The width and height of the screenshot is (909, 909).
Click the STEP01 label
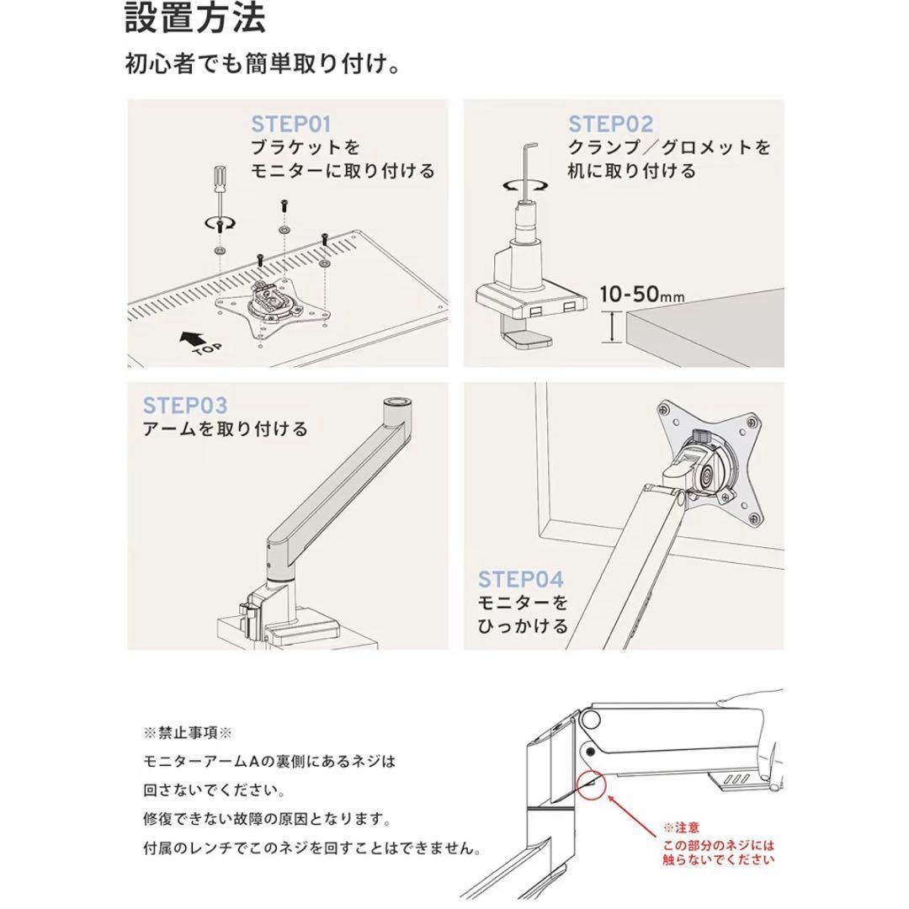[291, 124]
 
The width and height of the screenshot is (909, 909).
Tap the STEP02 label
[610, 124]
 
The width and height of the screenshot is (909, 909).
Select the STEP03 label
[185, 405]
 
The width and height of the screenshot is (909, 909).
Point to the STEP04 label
[521, 579]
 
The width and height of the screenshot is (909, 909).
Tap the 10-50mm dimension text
[641, 295]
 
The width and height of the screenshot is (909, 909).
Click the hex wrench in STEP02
[528, 172]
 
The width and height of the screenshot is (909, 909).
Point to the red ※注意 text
[681, 827]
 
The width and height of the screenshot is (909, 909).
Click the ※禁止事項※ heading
[187, 733]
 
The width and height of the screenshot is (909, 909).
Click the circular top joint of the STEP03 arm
[396, 402]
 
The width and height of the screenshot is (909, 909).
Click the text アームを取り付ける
[225, 429]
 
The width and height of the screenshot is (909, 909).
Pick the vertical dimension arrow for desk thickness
[612, 327]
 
